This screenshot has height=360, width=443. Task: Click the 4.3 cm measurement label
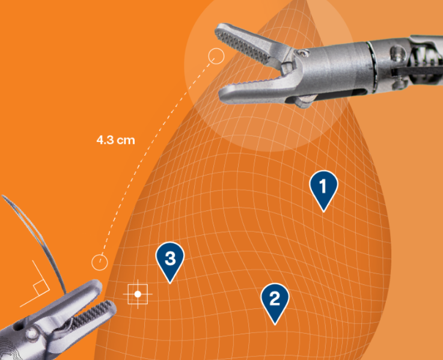coord(115,140)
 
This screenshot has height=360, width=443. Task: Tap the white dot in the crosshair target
coord(138,294)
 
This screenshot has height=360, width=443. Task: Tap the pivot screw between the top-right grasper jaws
coord(304,53)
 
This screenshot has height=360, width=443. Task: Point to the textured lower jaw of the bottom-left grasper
coord(90,317)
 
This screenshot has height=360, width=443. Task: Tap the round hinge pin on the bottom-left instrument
coord(32,334)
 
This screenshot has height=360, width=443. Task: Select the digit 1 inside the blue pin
coord(323,186)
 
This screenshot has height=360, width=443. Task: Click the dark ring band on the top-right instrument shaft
coord(372,67)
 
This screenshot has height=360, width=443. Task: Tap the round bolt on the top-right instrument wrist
coord(397,52)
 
